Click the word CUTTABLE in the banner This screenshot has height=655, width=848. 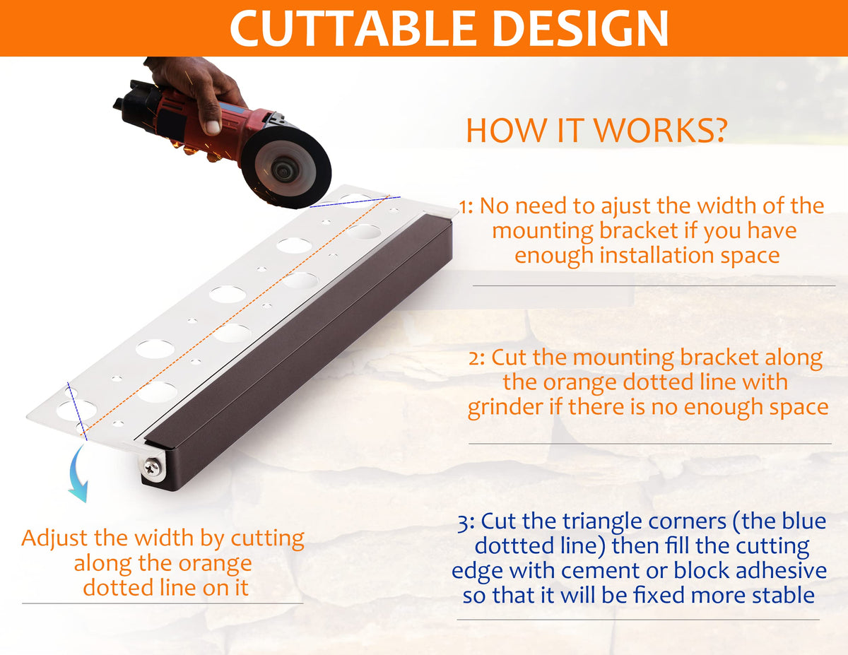(353, 28)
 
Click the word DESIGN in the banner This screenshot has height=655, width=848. (581, 28)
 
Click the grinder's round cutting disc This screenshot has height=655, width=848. (285, 167)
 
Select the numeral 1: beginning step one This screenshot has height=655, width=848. (466, 207)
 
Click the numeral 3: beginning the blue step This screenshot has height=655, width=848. (466, 523)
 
